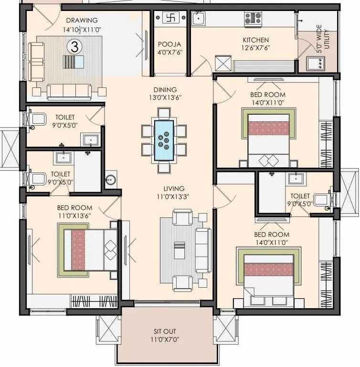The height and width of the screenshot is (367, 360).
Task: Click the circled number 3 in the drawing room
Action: point(74,46)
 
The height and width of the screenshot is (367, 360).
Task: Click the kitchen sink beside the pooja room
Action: point(198,19)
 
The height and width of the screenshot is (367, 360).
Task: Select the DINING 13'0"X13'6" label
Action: point(165,93)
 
